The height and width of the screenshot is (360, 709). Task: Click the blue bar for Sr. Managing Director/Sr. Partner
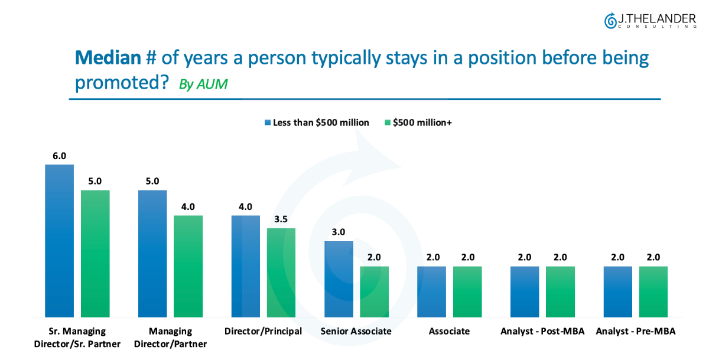pos(60,241)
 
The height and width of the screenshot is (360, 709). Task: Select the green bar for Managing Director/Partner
pos(188,266)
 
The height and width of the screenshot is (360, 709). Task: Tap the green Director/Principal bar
pos(281,273)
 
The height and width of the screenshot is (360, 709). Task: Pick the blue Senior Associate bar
pos(339,279)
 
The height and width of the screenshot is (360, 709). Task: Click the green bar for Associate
pos(467,291)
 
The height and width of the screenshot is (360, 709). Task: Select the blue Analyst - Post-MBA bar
pos(525,291)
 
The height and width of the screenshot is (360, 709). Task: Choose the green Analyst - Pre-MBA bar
pos(653,291)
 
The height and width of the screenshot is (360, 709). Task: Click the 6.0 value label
pos(60,155)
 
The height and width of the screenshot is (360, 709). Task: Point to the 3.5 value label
pos(281,219)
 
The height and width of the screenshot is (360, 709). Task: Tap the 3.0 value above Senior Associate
pos(339,232)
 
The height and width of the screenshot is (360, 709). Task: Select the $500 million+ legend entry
pos(418,122)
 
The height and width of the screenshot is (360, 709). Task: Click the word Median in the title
pos(108,58)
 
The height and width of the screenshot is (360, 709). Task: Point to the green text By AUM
pos(203,84)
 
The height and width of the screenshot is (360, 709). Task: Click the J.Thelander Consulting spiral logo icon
pos(610,21)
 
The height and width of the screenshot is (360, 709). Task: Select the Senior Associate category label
pos(356,331)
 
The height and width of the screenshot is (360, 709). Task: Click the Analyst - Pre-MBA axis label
pos(636,331)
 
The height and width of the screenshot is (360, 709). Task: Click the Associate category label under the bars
pos(449,331)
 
